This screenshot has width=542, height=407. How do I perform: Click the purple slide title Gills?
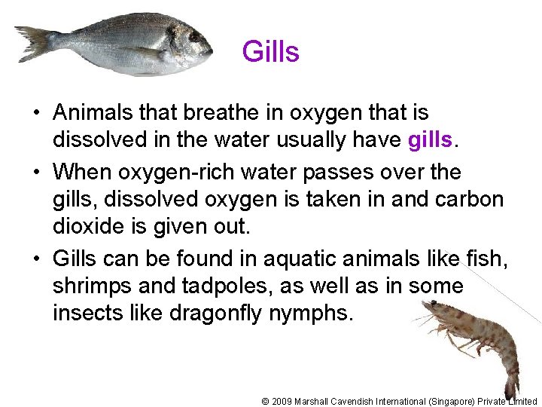tap(270, 52)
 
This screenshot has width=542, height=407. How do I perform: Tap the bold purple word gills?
tap(431, 141)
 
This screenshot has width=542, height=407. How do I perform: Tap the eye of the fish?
tap(194, 34)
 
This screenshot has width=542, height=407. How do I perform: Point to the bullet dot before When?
tap(36, 173)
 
